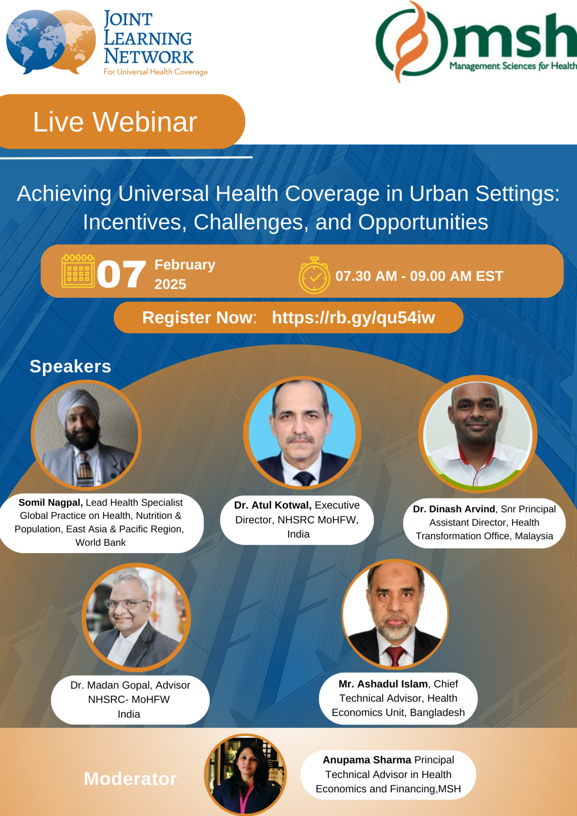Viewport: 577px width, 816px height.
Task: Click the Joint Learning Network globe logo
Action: tap(50, 41)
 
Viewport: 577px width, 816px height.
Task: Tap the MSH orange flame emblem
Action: tap(411, 41)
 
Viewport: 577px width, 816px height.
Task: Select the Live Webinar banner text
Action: tap(115, 122)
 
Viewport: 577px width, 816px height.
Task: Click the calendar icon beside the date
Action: tap(78, 271)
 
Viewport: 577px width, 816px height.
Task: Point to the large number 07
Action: tap(121, 275)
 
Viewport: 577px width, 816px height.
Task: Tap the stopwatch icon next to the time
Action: tap(314, 276)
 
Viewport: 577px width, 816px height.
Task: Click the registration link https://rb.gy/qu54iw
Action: tap(353, 318)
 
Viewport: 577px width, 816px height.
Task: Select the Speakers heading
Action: tap(70, 367)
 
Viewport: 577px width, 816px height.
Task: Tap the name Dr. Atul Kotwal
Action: tap(272, 505)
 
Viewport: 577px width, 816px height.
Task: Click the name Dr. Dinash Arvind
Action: tap(454, 509)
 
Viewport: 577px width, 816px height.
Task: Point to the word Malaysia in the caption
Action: tap(534, 536)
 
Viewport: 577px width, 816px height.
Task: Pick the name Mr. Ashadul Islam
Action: tap(383, 684)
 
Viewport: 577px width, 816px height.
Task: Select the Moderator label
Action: tap(130, 779)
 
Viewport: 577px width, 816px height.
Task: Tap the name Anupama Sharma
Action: tap(367, 760)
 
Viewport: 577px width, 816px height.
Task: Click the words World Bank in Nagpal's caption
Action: tap(101, 542)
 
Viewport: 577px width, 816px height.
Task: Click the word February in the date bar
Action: tap(185, 265)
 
